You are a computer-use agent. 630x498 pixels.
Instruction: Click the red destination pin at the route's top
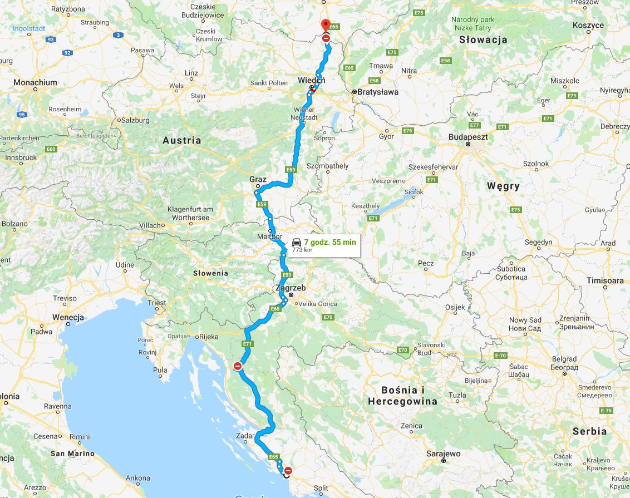[x=326, y=26]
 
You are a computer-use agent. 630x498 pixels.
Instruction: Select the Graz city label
[x=258, y=180]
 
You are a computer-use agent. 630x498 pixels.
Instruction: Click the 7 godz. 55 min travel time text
[x=330, y=242]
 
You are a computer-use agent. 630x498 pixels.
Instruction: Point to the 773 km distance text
[x=302, y=250]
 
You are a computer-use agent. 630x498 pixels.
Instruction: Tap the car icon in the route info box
[x=297, y=242]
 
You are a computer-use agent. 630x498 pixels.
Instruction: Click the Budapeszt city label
[x=469, y=136]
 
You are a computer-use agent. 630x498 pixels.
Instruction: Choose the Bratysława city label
[x=378, y=92]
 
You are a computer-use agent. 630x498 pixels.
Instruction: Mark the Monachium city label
[x=35, y=82]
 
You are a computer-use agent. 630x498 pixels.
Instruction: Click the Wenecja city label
[x=68, y=317]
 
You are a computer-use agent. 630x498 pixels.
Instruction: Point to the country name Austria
[x=182, y=140]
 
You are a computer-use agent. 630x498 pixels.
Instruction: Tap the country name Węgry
[x=503, y=186]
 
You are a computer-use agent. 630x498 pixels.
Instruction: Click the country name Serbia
[x=590, y=431]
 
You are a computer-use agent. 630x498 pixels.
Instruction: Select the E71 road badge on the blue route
[x=248, y=344]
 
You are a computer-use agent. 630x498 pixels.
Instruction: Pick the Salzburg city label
[x=135, y=120]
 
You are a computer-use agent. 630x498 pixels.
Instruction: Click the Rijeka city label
[x=209, y=337]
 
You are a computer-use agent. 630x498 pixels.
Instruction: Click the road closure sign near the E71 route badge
[x=238, y=366]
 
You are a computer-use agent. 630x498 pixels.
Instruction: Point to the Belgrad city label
[x=565, y=359]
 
